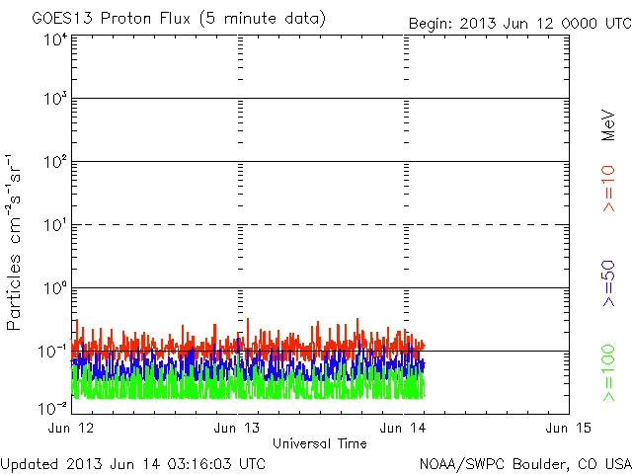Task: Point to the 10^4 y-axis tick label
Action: pos(55,39)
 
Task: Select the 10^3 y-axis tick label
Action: pos(55,99)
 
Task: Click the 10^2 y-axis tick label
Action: pos(55,161)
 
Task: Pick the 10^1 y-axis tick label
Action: pos(55,225)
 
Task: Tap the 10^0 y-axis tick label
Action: pos(55,288)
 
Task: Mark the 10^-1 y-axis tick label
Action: pos(54,351)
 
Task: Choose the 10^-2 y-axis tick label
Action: pos(54,407)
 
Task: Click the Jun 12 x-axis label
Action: pos(73,428)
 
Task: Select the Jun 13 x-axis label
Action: pos(239,428)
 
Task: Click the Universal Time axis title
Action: pos(320,443)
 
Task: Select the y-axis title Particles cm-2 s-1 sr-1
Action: pos(17,241)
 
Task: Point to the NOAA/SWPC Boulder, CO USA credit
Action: pos(524,463)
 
